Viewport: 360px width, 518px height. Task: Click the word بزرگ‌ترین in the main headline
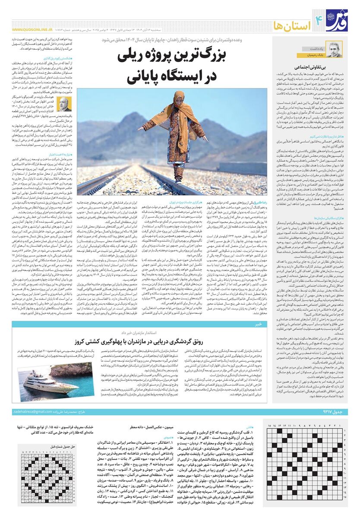tap(225, 58)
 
